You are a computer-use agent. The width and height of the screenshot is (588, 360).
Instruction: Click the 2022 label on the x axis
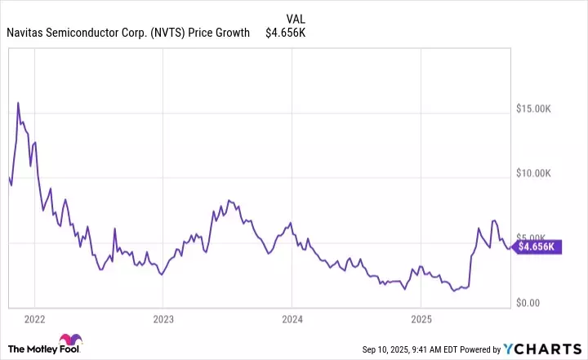pos(34,318)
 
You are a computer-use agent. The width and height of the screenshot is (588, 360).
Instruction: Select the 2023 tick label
pos(163,318)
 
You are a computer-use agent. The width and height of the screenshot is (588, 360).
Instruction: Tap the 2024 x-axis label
pos(292,318)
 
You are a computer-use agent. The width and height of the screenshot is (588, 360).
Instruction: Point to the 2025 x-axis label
pos(421,318)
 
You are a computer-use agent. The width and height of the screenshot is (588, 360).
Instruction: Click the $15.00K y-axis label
pos(541,108)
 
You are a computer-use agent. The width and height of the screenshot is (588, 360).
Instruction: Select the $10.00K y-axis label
pos(541,173)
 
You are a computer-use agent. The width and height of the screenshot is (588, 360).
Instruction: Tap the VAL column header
pos(296,18)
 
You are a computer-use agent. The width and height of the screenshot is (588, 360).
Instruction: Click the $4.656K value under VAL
pos(285,33)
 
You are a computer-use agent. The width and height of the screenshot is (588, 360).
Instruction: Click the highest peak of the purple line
pos(18,103)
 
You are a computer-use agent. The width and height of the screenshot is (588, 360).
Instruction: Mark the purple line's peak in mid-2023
pos(229,199)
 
